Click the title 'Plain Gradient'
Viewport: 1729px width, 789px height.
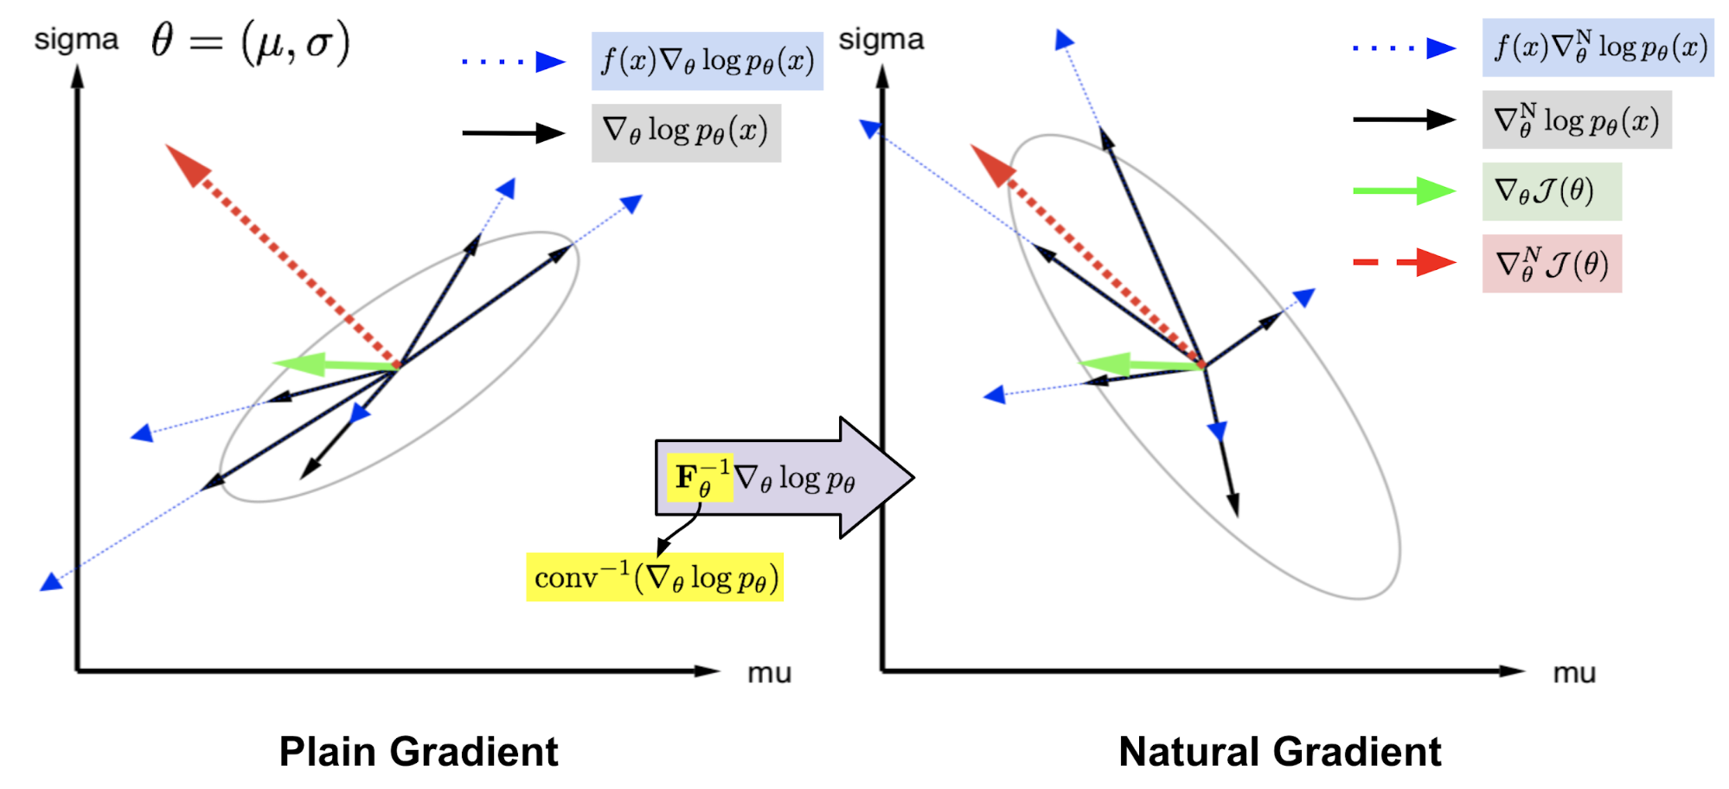(419, 751)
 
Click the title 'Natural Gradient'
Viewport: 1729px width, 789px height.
(1279, 751)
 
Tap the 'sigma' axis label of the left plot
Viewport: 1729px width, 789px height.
(76, 40)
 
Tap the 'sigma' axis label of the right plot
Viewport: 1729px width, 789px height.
(881, 39)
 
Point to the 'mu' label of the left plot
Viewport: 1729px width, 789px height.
(769, 673)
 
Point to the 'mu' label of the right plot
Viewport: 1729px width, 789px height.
(1574, 673)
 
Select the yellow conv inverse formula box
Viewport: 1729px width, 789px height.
(655, 577)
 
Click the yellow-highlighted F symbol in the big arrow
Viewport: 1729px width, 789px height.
(699, 478)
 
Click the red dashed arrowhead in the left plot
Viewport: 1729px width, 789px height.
(187, 164)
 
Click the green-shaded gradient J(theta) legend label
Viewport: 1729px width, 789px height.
(1552, 191)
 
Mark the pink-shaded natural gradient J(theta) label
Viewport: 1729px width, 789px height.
(1552, 264)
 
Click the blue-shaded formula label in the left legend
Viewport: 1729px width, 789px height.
(707, 61)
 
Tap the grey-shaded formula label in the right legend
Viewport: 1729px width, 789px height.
(1576, 120)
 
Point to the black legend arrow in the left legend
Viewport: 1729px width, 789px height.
(513, 133)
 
